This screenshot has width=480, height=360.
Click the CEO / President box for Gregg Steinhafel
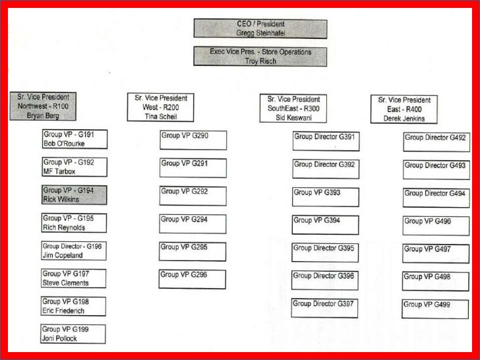pyautogui.click(x=260, y=28)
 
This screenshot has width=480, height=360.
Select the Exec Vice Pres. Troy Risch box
pyautogui.click(x=260, y=56)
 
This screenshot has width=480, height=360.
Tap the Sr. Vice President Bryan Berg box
pyautogui.click(x=43, y=106)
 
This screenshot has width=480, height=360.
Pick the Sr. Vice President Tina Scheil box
pyautogui.click(x=161, y=107)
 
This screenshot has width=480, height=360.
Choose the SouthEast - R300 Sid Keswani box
pyautogui.click(x=293, y=108)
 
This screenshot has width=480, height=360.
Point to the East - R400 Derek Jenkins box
pyautogui.click(x=404, y=109)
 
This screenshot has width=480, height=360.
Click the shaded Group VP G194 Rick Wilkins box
pyautogui.click(x=74, y=195)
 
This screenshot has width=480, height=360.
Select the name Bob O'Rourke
pyautogui.click(x=64, y=144)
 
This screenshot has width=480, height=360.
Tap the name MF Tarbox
pyautogui.click(x=59, y=171)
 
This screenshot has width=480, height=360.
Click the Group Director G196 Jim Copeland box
pyautogui.click(x=73, y=251)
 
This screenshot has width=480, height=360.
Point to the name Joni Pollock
pyautogui.click(x=60, y=338)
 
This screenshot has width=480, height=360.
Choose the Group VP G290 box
pyautogui.click(x=193, y=140)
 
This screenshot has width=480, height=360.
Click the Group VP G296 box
pyautogui.click(x=193, y=279)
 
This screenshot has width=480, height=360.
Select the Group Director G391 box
pyautogui.click(x=326, y=141)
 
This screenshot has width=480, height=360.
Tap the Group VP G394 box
pyautogui.click(x=326, y=225)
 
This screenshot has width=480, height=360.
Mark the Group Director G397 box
pyautogui.click(x=326, y=308)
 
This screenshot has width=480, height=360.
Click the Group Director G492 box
pyautogui.click(x=436, y=142)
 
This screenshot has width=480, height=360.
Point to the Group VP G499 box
pyautogui.click(x=436, y=309)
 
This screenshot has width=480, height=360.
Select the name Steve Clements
pyautogui.click(x=65, y=284)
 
